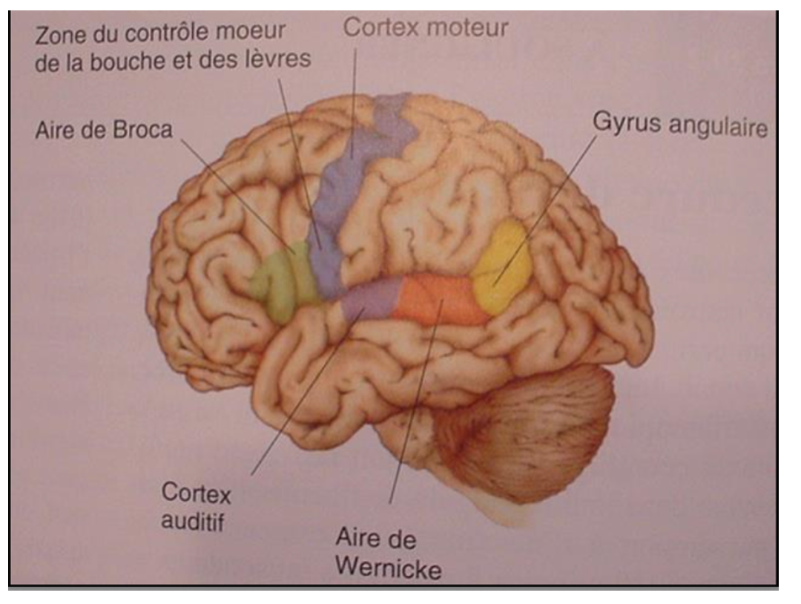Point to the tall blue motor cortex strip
click(349, 186)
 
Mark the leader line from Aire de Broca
click(237, 193)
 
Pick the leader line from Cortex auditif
click(304, 393)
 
